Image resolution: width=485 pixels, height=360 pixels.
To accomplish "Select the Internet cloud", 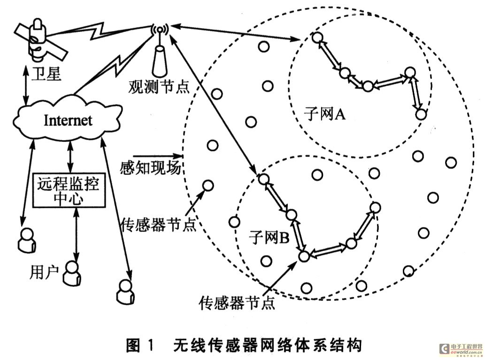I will tap(68, 120).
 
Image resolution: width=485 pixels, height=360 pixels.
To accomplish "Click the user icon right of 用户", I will tap(71, 273).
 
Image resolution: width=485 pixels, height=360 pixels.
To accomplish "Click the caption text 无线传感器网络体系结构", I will tap(267, 346).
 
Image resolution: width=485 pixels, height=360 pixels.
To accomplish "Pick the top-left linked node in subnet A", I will tap(318, 37).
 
